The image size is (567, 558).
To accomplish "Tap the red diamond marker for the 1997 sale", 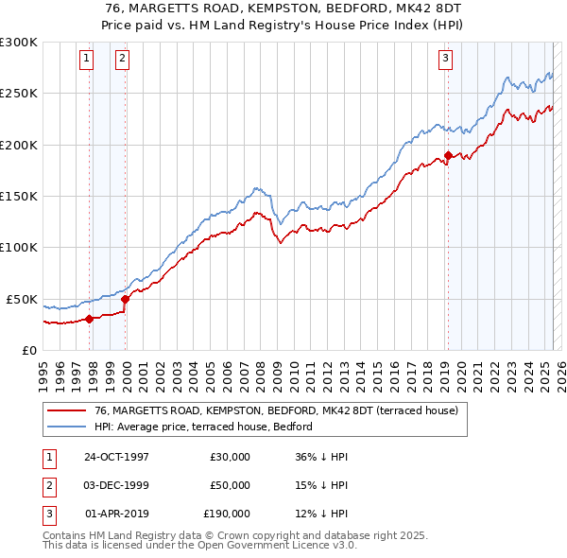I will pyautogui.click(x=90, y=319).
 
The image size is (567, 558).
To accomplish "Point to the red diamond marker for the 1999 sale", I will pyautogui.click(x=126, y=299).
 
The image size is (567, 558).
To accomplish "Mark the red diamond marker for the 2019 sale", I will pyautogui.click(x=448, y=157).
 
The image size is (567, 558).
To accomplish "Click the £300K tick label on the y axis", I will pyautogui.click(x=19, y=43).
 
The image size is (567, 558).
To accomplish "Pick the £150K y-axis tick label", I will pyautogui.click(x=19, y=197).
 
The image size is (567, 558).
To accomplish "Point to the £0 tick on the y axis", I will pyautogui.click(x=29, y=350).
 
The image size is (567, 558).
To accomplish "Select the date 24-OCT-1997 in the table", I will pyautogui.click(x=116, y=456).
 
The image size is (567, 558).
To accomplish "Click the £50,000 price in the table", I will pyautogui.click(x=229, y=485).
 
